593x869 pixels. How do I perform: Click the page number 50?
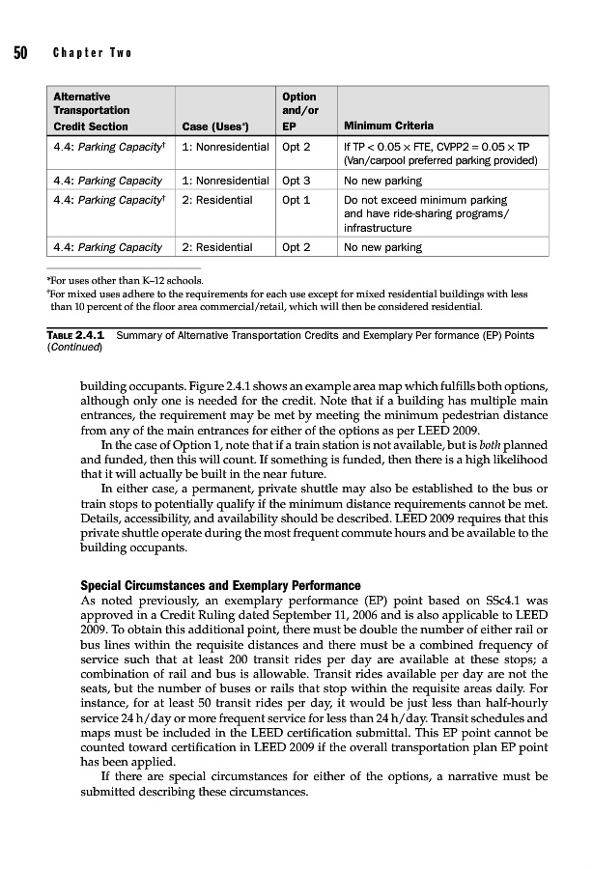click(x=19, y=52)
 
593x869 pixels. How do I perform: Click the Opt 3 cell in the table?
click(x=296, y=181)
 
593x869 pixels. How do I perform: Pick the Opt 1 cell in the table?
click(x=296, y=201)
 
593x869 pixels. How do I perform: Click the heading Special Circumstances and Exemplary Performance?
click(x=220, y=586)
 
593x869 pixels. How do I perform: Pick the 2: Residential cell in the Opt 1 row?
click(x=216, y=201)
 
